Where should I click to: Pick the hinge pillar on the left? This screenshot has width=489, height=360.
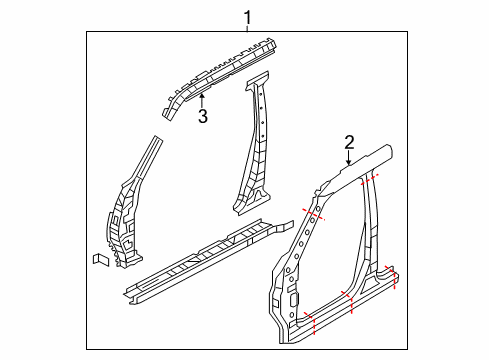[x=128, y=210]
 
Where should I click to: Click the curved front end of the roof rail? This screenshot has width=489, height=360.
[x=170, y=104]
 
